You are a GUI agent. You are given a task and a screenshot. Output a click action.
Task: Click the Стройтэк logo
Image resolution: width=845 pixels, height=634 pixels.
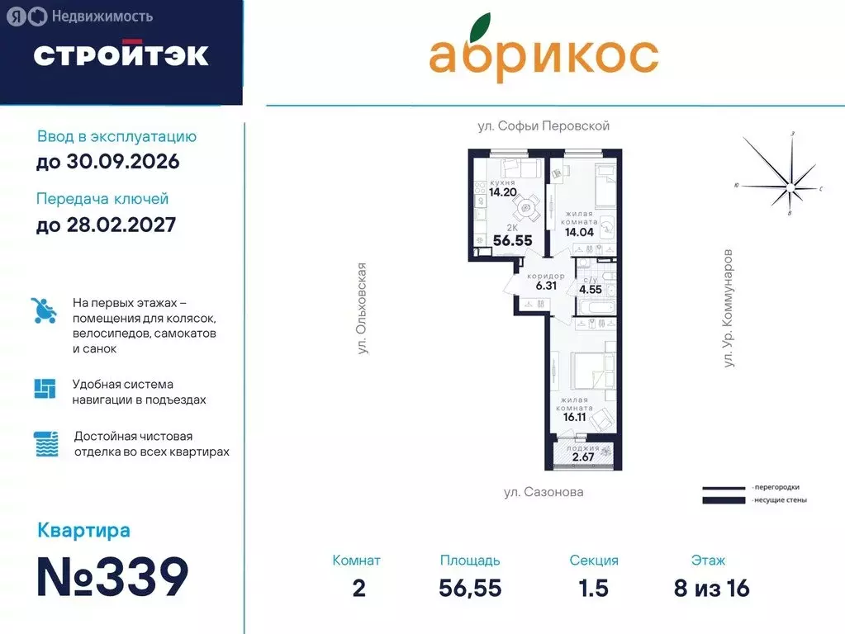tap(121, 54)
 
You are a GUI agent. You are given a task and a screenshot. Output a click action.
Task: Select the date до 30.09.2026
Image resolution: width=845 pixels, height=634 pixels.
tap(107, 162)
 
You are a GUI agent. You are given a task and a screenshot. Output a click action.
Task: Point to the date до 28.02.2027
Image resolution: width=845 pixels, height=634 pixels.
tap(106, 225)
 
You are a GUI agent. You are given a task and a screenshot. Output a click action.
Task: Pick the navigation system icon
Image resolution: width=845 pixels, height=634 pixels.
tap(45, 388)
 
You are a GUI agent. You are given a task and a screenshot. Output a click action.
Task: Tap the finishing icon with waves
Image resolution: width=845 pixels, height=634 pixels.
tap(45, 443)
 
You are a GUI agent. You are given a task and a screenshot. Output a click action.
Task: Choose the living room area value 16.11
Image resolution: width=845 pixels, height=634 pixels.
tap(577, 418)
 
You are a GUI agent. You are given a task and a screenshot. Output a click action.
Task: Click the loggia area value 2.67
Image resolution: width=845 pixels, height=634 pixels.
tap(583, 457)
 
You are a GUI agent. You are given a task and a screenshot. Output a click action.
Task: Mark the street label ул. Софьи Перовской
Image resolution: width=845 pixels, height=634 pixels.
tap(543, 126)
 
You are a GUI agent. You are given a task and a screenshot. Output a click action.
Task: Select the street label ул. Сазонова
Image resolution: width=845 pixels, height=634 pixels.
tap(543, 492)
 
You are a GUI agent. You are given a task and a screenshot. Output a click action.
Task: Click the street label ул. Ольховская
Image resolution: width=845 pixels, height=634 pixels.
tap(361, 309)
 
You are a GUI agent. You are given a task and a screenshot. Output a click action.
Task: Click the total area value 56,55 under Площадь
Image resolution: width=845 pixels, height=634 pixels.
tap(470, 588)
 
